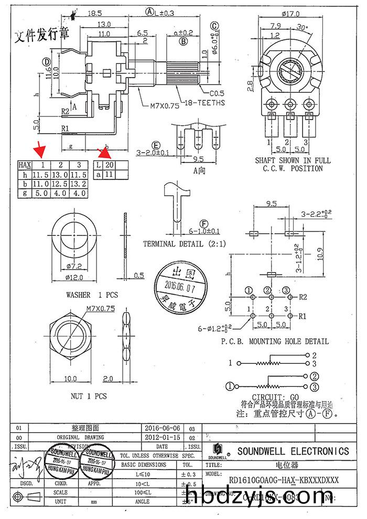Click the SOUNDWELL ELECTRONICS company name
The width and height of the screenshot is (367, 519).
293,451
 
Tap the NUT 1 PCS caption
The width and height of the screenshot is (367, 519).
89,396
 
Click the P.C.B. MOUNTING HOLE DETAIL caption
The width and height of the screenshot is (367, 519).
275,341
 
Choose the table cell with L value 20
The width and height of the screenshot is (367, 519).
108,165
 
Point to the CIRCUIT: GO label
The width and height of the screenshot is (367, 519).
276,397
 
